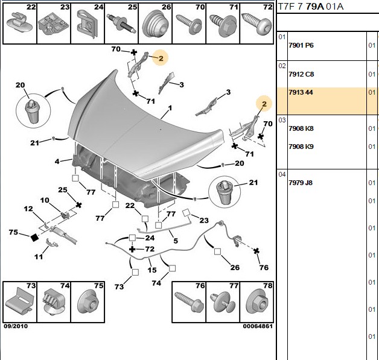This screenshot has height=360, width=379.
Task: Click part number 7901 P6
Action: [301, 45]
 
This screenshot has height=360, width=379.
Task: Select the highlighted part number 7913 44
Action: [301, 92]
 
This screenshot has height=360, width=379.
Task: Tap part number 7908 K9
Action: [301, 147]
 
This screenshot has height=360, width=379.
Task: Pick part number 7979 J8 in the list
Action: [301, 183]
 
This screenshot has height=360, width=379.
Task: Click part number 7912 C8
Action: [301, 74]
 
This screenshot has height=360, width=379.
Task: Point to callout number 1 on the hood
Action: [170, 108]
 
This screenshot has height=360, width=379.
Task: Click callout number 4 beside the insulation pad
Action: [57, 161]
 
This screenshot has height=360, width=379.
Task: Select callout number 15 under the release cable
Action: [152, 270]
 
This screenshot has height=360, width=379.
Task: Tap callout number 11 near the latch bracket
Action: [39, 256]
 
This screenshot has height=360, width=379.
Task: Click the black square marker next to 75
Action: [34, 238]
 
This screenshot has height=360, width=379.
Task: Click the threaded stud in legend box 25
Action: [121, 24]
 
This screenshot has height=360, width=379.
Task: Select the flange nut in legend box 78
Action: [257, 303]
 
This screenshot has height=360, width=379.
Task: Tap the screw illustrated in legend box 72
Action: [256, 24]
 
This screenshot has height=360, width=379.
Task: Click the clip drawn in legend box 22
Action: [19, 23]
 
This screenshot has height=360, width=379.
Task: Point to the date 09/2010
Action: [16, 326]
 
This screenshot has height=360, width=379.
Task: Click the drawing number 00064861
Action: [258, 326]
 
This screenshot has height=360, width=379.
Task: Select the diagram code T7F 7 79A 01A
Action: [311, 7]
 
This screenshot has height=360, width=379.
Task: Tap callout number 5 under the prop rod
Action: [176, 241]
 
